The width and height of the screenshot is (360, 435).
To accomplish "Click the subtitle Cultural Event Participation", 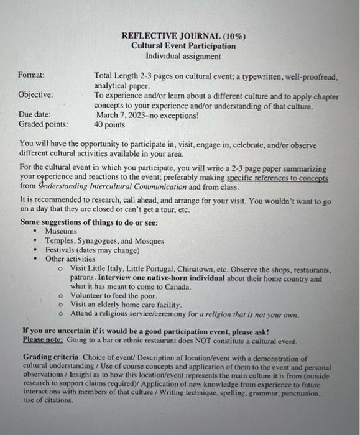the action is point(183,46).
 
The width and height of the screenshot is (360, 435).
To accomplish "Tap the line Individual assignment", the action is point(183,56).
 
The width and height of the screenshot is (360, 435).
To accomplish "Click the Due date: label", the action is point(35,115).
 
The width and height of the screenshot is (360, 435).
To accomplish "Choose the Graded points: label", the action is point(43,124).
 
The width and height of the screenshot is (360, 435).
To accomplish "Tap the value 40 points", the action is point(111,124).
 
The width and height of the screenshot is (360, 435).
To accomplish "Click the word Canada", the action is point(176,286).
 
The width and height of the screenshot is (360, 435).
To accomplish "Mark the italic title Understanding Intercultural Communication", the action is point(112,187).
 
